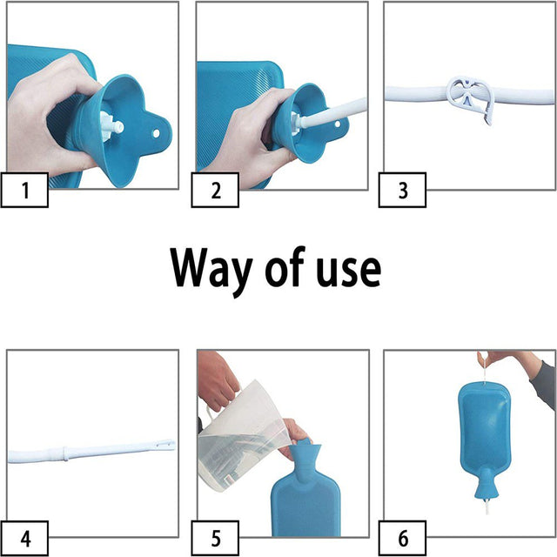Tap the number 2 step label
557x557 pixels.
coord(215,191)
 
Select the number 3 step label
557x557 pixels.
coord(403,191)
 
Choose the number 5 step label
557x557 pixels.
coord(215,537)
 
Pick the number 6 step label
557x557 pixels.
coord(403,537)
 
